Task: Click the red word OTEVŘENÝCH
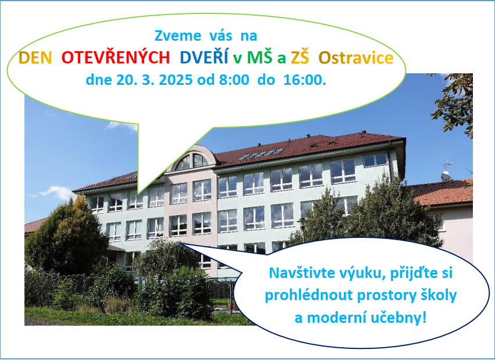116,58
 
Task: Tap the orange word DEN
35,58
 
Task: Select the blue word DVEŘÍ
204,57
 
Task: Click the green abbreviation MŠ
259,57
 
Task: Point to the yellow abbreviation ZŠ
300,57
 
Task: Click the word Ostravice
356,58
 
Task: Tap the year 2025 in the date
176,80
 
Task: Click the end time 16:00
305,80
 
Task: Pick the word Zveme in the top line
178,35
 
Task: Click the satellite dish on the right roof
446,176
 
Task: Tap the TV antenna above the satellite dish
448,165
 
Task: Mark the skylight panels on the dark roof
261,154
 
